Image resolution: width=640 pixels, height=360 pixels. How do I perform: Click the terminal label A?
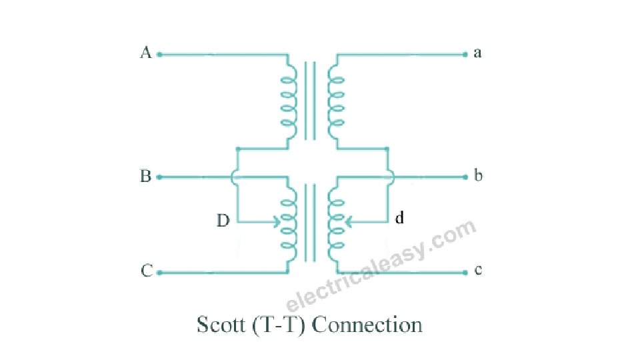click(x=146, y=53)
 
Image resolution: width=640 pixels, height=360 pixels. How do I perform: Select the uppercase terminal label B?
click(x=145, y=177)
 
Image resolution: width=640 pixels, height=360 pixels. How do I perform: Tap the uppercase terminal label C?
click(x=146, y=271)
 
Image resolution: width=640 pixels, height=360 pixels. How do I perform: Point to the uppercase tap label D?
click(x=223, y=221)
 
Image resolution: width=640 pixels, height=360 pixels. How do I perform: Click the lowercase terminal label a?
click(x=477, y=53)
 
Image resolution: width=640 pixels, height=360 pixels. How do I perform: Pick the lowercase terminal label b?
click(x=478, y=176)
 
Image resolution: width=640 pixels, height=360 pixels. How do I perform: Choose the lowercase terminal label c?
click(x=478, y=270)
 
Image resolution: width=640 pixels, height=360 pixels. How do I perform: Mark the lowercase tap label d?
click(x=400, y=217)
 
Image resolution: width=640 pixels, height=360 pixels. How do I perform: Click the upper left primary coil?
click(x=288, y=101)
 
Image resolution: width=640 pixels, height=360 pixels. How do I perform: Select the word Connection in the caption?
click(x=367, y=325)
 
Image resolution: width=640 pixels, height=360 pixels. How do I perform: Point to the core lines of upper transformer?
click(x=310, y=101)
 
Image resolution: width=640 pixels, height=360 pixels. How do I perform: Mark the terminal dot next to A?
click(x=160, y=55)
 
